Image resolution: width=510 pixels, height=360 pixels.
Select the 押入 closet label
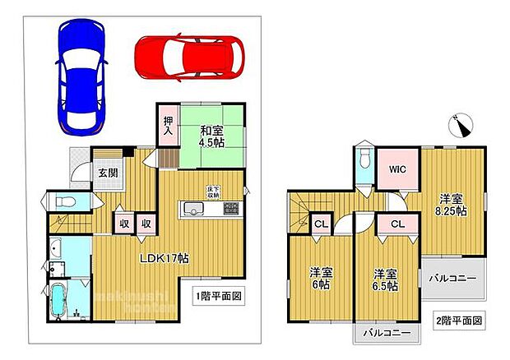[x=167, y=124]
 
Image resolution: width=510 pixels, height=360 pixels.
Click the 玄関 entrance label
[x=107, y=173]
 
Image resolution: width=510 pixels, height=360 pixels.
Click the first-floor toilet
[x=65, y=202]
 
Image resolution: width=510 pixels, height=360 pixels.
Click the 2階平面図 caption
[x=459, y=319]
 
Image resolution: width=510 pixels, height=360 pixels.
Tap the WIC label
[x=398, y=169]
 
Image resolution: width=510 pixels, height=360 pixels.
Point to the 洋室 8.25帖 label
[x=452, y=205]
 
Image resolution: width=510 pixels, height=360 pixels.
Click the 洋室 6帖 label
[x=321, y=278]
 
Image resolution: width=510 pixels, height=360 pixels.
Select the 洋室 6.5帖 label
[x=384, y=279]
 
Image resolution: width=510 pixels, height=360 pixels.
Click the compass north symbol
[x=461, y=126]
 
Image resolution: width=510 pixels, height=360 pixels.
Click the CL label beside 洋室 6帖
[x=321, y=223]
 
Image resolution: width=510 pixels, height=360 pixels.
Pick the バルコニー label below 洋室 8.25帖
[x=452, y=279]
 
